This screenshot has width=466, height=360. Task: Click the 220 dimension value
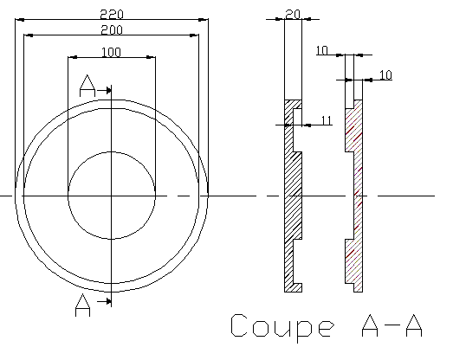112,14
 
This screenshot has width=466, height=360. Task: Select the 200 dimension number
112,30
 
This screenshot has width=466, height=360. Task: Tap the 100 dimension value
112,52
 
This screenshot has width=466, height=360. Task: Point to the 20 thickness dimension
293,14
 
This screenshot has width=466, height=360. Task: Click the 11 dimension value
327,120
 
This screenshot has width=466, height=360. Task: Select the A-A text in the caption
392,325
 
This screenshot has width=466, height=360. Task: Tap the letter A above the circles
87,86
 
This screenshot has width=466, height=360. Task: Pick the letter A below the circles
82,305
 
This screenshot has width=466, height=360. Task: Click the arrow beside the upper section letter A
104,90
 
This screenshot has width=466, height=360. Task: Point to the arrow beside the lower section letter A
104,302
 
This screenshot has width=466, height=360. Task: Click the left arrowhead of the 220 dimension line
20,20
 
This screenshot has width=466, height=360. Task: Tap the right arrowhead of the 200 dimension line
194,35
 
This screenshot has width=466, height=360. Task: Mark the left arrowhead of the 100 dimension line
73,57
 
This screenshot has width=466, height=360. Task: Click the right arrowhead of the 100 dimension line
151,57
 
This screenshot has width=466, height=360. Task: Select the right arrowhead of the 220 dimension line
204,20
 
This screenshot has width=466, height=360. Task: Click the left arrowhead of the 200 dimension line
29,35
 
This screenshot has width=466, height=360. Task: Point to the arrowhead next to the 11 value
307,125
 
